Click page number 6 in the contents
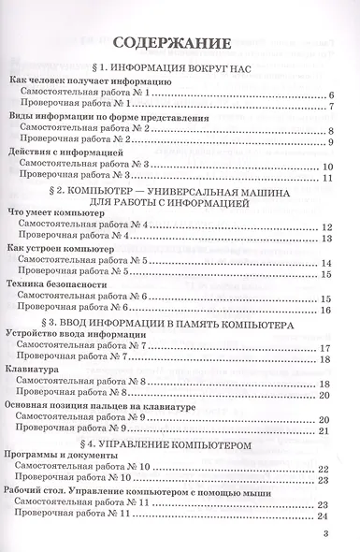[x=332, y=95]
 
